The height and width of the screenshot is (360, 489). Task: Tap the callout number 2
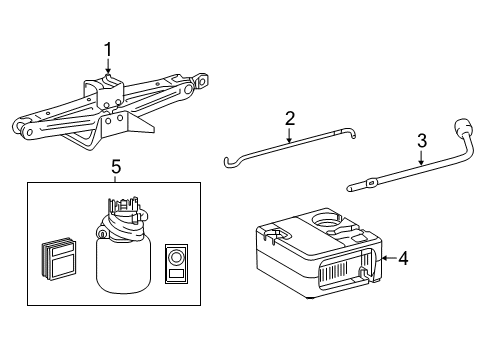(x=290, y=119)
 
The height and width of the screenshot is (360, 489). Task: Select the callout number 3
(x=422, y=140)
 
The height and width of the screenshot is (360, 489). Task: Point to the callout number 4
(x=402, y=258)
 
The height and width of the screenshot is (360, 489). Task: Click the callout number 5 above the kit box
(x=116, y=168)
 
